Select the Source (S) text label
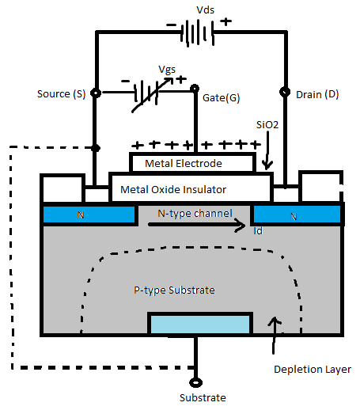click(60, 94)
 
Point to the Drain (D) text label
click(316, 95)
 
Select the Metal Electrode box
click(193, 163)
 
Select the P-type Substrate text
click(174, 290)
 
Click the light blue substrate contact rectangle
click(200, 323)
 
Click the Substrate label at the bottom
click(201, 397)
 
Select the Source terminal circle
click(96, 93)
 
